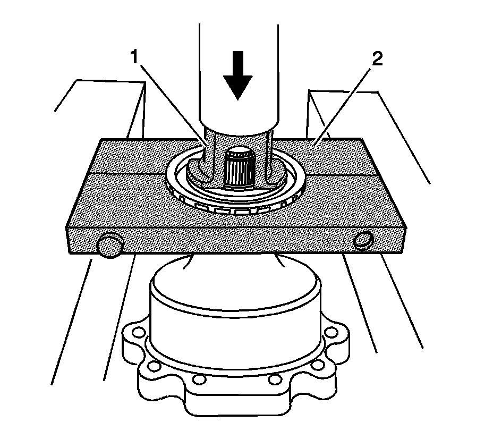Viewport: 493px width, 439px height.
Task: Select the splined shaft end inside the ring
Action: [239, 167]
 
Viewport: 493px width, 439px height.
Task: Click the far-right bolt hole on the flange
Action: [333, 333]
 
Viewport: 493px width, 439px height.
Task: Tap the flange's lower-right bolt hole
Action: [319, 366]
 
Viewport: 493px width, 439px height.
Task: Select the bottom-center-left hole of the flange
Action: [199, 381]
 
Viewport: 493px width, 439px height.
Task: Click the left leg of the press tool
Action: [205, 159]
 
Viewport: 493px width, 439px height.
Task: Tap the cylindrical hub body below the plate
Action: [236, 314]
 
